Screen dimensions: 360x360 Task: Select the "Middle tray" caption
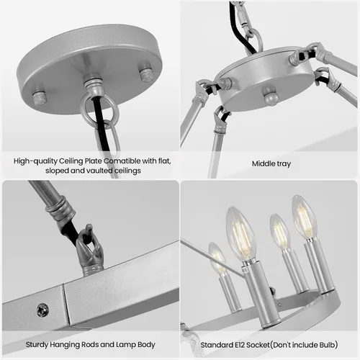point(271,163)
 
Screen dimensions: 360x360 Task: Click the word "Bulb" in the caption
point(327,345)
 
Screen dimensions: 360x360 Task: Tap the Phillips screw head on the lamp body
point(42,310)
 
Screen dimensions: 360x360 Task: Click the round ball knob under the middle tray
point(271,96)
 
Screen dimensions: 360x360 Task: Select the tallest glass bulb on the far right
point(305,218)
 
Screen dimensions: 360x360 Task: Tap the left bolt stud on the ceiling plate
point(39,98)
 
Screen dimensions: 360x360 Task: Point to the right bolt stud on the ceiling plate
point(146,75)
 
